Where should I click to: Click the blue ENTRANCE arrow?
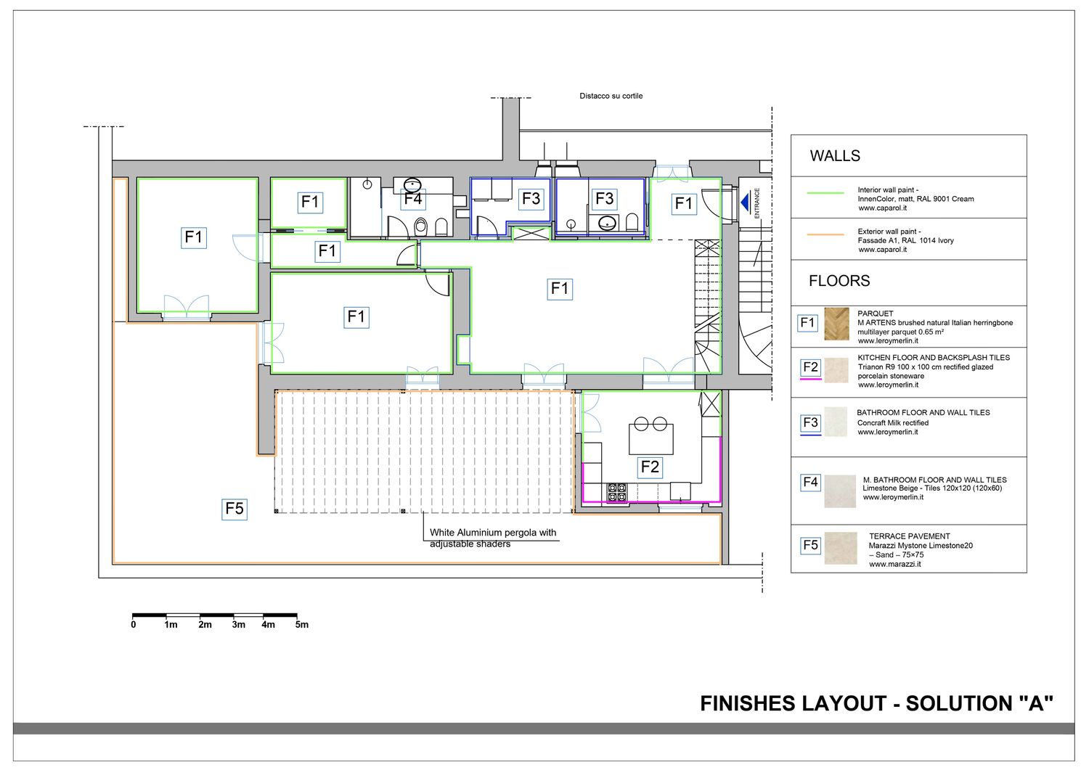point(745,202)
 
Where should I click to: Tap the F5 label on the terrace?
point(234,509)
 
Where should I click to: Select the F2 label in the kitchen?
point(650,467)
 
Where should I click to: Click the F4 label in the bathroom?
point(413,199)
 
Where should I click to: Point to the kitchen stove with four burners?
point(617,492)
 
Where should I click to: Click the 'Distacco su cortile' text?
point(611,97)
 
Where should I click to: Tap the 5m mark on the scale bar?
point(301,625)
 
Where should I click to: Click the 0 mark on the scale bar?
point(133,625)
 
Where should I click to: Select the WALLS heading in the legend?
point(835,156)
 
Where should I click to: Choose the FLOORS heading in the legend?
point(839,281)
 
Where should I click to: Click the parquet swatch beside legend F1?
point(836,324)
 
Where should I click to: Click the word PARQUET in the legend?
point(875,314)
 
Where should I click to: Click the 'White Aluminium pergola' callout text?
point(492,533)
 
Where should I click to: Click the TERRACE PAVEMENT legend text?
point(909,536)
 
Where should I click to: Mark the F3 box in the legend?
point(810,422)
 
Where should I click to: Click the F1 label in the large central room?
point(560,289)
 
